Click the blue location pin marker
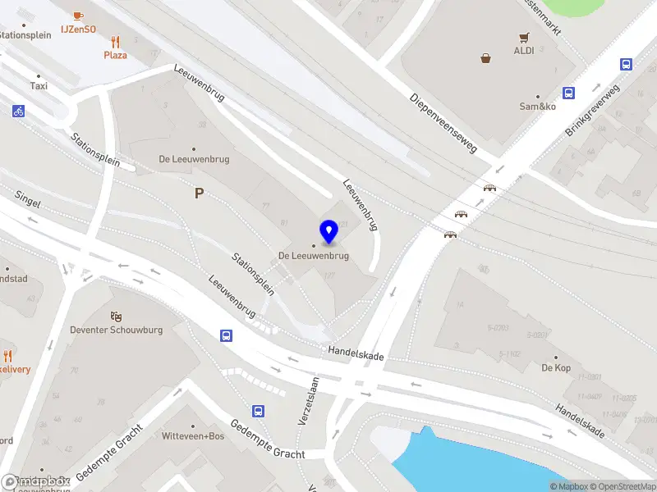click(328, 232)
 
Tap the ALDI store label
click(523, 50)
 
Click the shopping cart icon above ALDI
click(523, 37)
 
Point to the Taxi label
click(39, 85)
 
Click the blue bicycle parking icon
click(18, 112)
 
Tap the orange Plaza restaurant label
click(115, 55)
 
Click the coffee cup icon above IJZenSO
click(78, 16)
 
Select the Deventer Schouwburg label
click(116, 330)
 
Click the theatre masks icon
click(116, 316)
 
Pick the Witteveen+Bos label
click(193, 436)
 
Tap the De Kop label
click(556, 368)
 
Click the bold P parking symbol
click(198, 194)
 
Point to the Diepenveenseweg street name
click(443, 123)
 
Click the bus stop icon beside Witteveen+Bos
click(258, 412)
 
